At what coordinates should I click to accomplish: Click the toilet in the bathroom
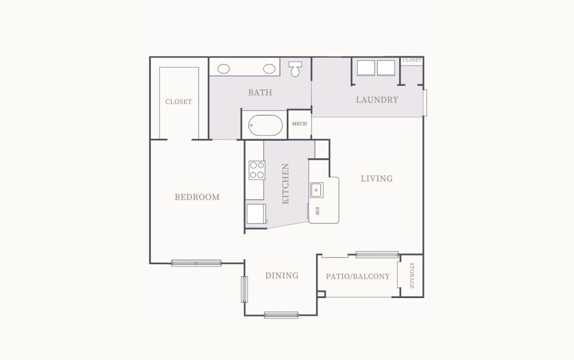pyautogui.click(x=296, y=68)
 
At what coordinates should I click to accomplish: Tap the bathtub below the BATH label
pyautogui.click(x=265, y=125)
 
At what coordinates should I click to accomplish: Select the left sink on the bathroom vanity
pyautogui.click(x=224, y=68)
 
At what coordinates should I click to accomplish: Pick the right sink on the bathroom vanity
pyautogui.click(x=269, y=68)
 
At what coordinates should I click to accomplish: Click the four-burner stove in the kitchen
pyautogui.click(x=257, y=170)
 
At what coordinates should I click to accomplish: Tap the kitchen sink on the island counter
pyautogui.click(x=316, y=189)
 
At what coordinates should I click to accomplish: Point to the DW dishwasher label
pyautogui.click(x=317, y=211)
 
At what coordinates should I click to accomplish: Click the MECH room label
pyautogui.click(x=299, y=124)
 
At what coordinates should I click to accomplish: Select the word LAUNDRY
pyautogui.click(x=377, y=99)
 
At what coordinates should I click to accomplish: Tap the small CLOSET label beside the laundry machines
pyautogui.click(x=412, y=60)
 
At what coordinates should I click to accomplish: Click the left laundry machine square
pyautogui.click(x=366, y=68)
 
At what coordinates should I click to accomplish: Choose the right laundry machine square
pyautogui.click(x=386, y=68)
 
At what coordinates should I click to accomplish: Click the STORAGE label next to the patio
pyautogui.click(x=412, y=275)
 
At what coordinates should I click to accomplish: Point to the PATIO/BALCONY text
pyautogui.click(x=358, y=276)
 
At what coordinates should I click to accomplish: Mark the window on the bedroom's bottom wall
pyautogui.click(x=196, y=263)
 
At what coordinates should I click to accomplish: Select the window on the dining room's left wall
pyautogui.click(x=244, y=289)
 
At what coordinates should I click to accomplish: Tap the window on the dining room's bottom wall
pyautogui.click(x=281, y=315)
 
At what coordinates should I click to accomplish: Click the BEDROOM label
pyautogui.click(x=197, y=197)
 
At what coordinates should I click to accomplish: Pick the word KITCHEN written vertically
pyautogui.click(x=285, y=184)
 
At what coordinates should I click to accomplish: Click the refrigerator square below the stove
pyautogui.click(x=256, y=214)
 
